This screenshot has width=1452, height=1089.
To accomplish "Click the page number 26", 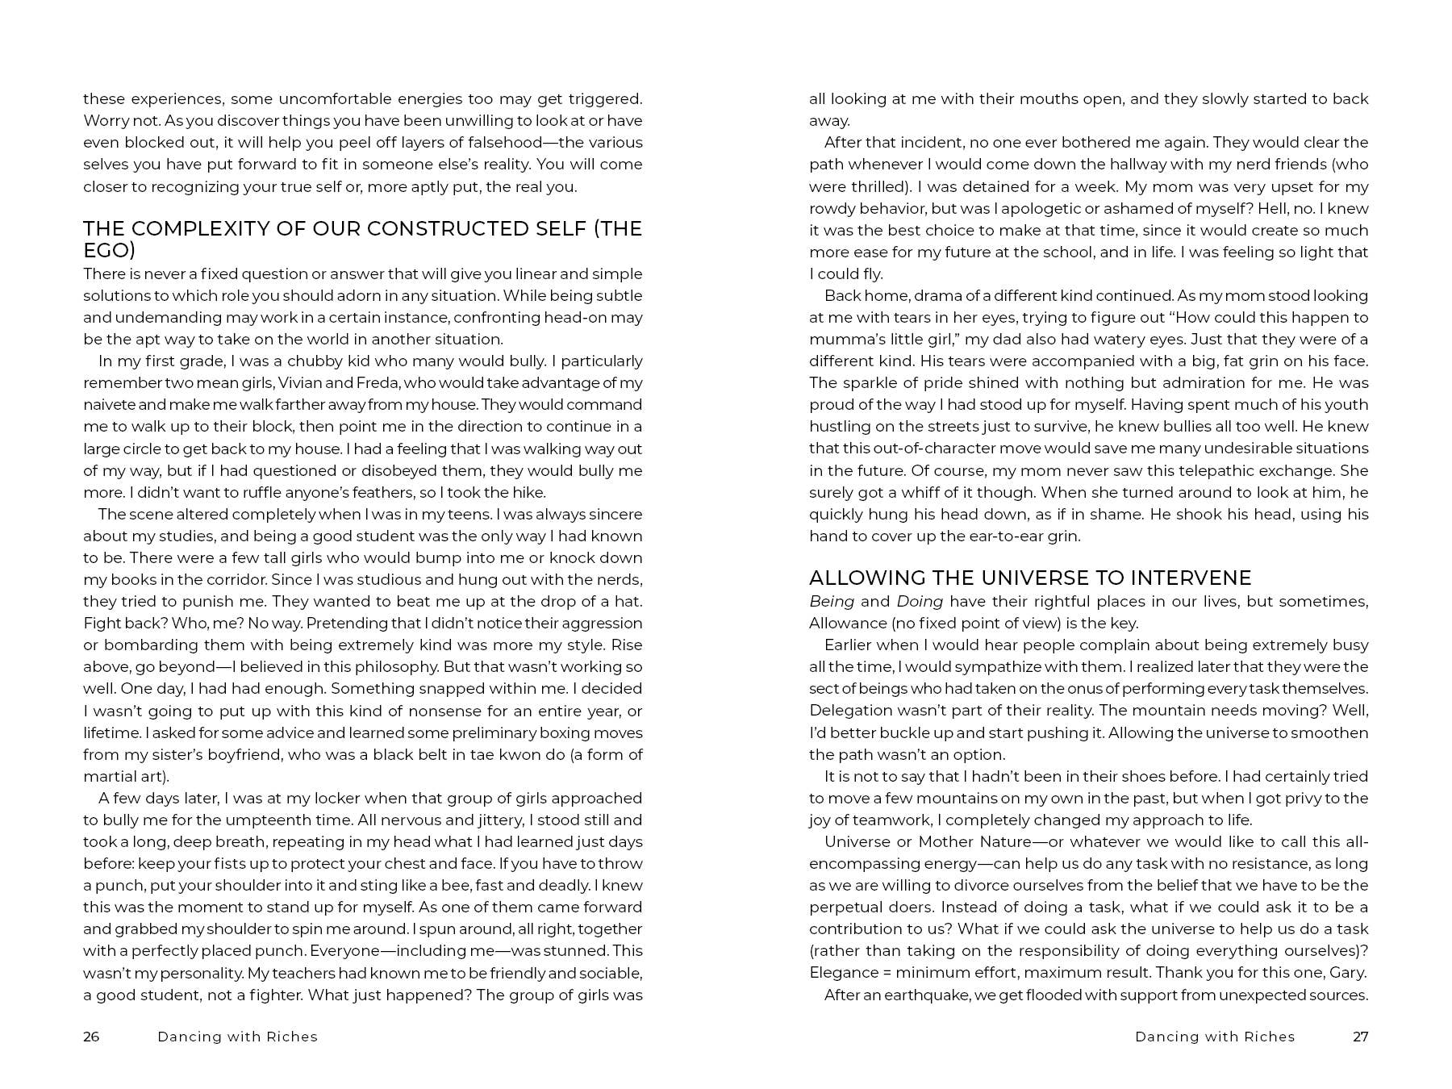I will [91, 1037].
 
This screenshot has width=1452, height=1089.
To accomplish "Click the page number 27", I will [1360, 1037].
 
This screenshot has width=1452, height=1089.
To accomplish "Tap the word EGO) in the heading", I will [109, 250].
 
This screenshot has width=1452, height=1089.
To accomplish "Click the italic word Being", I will [831, 601].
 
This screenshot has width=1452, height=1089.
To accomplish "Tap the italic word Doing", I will [920, 601].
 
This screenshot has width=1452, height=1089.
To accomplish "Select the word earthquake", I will [926, 995].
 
